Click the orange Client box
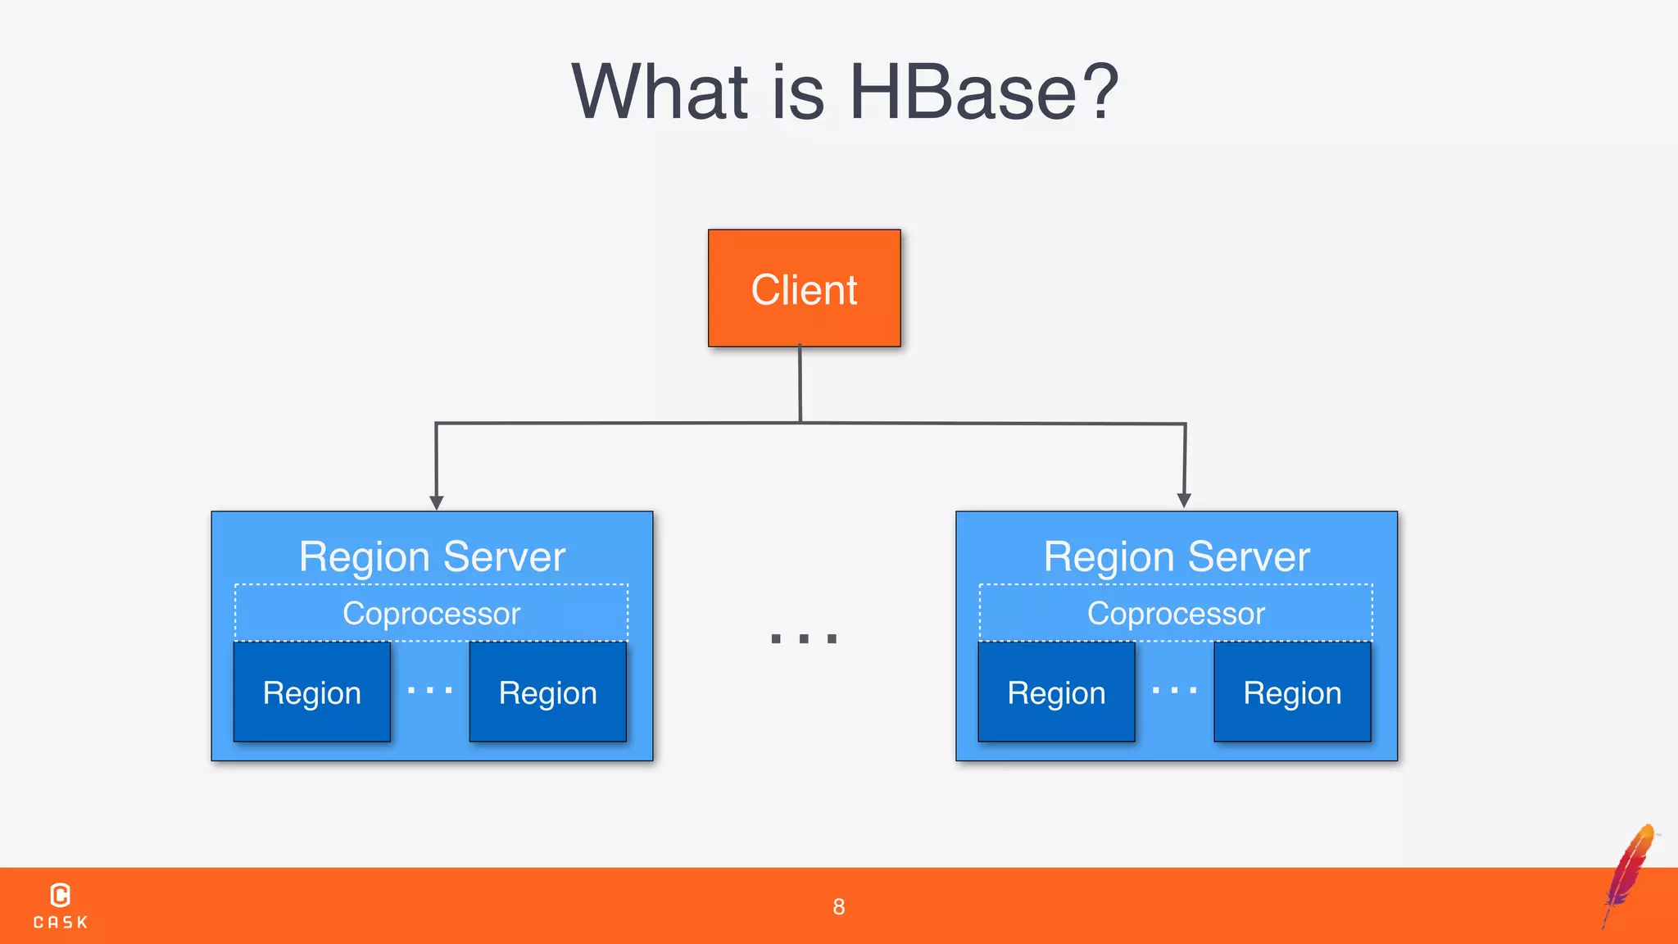[x=804, y=288]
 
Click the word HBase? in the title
[x=983, y=92]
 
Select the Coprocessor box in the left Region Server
[x=431, y=613]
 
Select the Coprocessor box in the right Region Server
[x=1176, y=613]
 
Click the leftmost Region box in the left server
[x=311, y=692]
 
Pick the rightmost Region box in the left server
[x=547, y=692]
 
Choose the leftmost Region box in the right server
[x=1056, y=692]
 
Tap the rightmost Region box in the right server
[x=1292, y=692]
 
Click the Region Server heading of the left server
[x=432, y=557]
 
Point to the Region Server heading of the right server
[x=1177, y=557]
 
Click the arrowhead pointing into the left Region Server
[x=437, y=502]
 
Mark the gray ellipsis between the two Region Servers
[x=804, y=638]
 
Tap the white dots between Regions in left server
[x=430, y=691]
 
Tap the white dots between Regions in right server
[x=1174, y=691]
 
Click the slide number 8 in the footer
[x=838, y=906]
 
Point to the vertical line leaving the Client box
[x=800, y=383]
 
